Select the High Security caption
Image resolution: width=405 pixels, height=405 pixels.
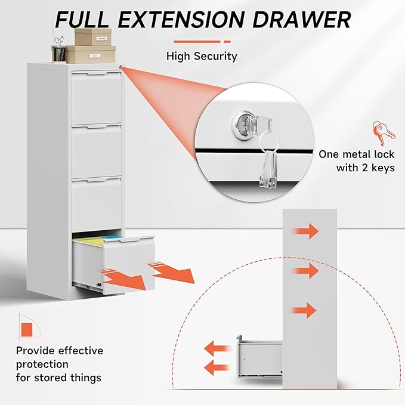[x=202, y=57]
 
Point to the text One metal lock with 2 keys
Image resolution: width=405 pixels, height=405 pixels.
[x=356, y=161]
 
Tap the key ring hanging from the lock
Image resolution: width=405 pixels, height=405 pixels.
[x=267, y=142]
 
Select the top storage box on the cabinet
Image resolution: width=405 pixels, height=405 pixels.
[x=94, y=38]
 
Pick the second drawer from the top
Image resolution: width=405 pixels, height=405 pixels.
[x=97, y=152]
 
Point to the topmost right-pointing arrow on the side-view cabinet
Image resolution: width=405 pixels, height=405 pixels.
[x=306, y=231]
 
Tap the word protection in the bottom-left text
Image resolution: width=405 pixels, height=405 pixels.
[x=42, y=364]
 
